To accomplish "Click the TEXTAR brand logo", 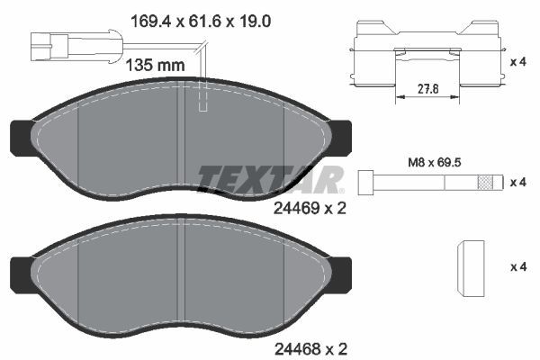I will click(270, 179).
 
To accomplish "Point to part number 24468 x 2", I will click(309, 346).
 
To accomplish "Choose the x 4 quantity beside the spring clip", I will click(518, 61).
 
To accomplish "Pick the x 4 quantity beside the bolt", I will click(518, 182).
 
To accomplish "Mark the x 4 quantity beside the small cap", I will click(518, 267).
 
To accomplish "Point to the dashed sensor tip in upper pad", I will click(202, 99).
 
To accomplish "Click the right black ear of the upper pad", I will click(341, 136).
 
